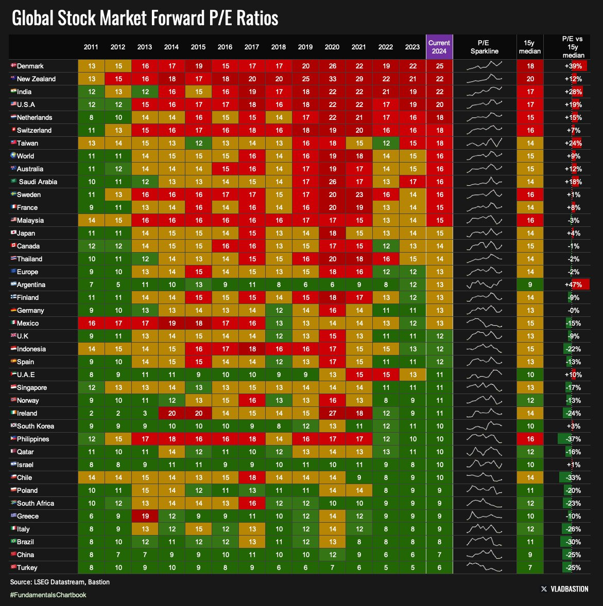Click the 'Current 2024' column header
pyautogui.click(x=439, y=47)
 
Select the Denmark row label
pyautogui.click(x=30, y=66)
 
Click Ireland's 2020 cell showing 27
pyautogui.click(x=332, y=413)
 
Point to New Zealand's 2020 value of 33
pyautogui.click(x=332, y=79)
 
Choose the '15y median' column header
pyautogui.click(x=529, y=47)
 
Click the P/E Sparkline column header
pyautogui.click(x=484, y=47)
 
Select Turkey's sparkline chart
pyautogui.click(x=484, y=567)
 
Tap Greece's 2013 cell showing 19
pyautogui.click(x=145, y=516)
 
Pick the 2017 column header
pyautogui.click(x=252, y=47)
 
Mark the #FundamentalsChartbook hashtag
pyautogui.click(x=48, y=595)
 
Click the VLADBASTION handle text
pyautogui.click(x=569, y=589)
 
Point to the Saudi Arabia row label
pyautogui.click(x=38, y=182)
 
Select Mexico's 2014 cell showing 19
pyautogui.click(x=171, y=323)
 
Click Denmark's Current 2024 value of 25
pyautogui.click(x=439, y=66)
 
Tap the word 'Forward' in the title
pyautogui.click(x=175, y=18)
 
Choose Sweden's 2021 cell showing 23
pyautogui.click(x=359, y=194)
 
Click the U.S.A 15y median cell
pyautogui.click(x=529, y=104)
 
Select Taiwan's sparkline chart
pyautogui.click(x=484, y=143)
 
